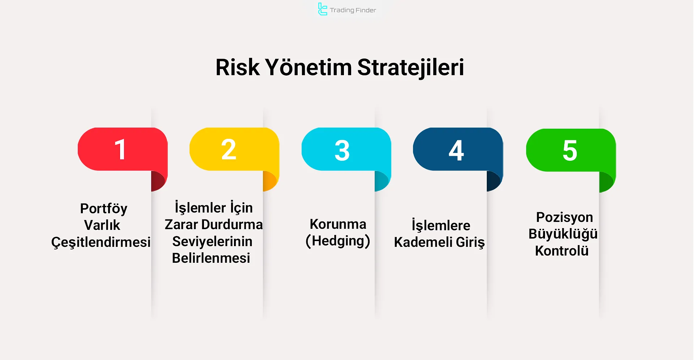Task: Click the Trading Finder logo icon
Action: (322, 9)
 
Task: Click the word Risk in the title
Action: (237, 68)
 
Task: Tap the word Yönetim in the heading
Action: (308, 68)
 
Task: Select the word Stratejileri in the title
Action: (410, 68)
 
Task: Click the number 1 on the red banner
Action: (120, 149)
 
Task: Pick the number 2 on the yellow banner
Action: (229, 149)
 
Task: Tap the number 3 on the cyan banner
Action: (342, 150)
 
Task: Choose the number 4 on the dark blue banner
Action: (456, 150)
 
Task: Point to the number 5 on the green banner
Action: (570, 150)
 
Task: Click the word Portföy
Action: (103, 209)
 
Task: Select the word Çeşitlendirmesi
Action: (101, 242)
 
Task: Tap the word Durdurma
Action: (232, 225)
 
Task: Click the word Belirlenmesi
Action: (211, 258)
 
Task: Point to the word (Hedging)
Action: (338, 241)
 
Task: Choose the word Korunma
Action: (338, 224)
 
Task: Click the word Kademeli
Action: (423, 242)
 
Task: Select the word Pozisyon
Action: (564, 218)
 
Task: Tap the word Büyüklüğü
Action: (563, 234)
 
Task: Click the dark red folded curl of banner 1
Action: (158, 181)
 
